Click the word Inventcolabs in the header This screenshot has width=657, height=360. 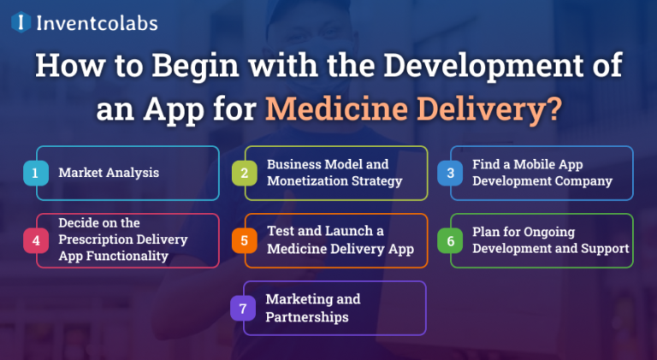96,22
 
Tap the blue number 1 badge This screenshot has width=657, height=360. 35,173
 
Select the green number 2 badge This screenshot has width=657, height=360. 244,173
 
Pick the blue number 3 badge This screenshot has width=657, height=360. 449,173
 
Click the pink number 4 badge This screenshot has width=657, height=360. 35,240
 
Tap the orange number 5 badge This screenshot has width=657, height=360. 244,240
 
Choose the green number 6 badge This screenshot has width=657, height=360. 449,240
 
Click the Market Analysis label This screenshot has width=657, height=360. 109,173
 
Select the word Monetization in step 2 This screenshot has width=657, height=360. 304,181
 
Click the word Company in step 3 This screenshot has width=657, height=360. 582,181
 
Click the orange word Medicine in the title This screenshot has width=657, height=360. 336,109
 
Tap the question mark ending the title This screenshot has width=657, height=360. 553,109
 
